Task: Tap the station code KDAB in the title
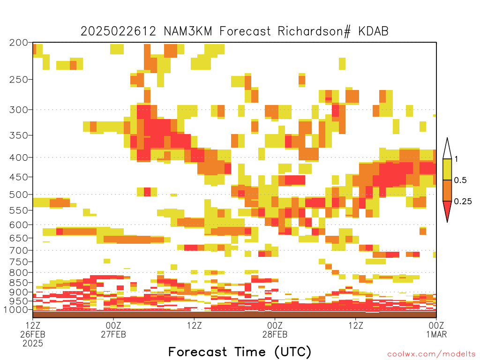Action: (374, 31)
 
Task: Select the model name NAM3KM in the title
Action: (188, 31)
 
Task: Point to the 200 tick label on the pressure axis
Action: (19, 43)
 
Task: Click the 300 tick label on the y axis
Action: (19, 110)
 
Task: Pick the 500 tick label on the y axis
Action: (19, 195)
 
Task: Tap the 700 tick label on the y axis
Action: (19, 250)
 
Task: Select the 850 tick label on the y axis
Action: (19, 283)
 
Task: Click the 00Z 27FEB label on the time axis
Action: (113, 330)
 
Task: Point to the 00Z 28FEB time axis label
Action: (275, 330)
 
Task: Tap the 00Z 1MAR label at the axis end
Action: (436, 330)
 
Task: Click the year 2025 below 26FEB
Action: (33, 344)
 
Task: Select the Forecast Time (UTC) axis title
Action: (240, 352)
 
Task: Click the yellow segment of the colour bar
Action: (447, 169)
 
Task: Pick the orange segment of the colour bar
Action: (447, 190)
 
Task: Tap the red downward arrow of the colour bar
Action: (447, 210)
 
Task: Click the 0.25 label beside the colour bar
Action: (463, 201)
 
